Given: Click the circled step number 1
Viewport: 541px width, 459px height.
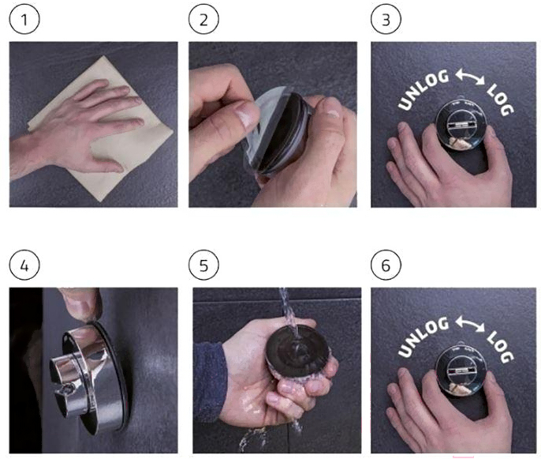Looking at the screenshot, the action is tap(24, 19).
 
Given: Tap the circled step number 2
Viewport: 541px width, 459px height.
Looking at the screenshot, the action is tap(203, 19).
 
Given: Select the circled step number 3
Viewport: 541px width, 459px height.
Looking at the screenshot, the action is tap(386, 19).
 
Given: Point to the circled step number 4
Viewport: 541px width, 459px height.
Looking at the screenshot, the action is tap(24, 265).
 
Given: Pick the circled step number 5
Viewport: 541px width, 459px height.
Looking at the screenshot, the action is tap(203, 265).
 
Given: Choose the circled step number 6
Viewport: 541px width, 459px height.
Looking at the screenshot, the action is tap(386, 265).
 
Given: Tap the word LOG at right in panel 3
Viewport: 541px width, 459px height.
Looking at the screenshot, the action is tap(500, 100).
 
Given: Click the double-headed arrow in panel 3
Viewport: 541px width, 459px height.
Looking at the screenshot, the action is tap(470, 77).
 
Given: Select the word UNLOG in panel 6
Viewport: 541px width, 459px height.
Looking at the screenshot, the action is tap(423, 336).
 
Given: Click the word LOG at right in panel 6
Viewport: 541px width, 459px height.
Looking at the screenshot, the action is tap(500, 346).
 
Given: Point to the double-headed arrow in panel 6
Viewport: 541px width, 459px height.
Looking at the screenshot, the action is tap(470, 324).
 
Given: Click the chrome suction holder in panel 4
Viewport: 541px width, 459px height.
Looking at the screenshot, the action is tap(91, 377).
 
